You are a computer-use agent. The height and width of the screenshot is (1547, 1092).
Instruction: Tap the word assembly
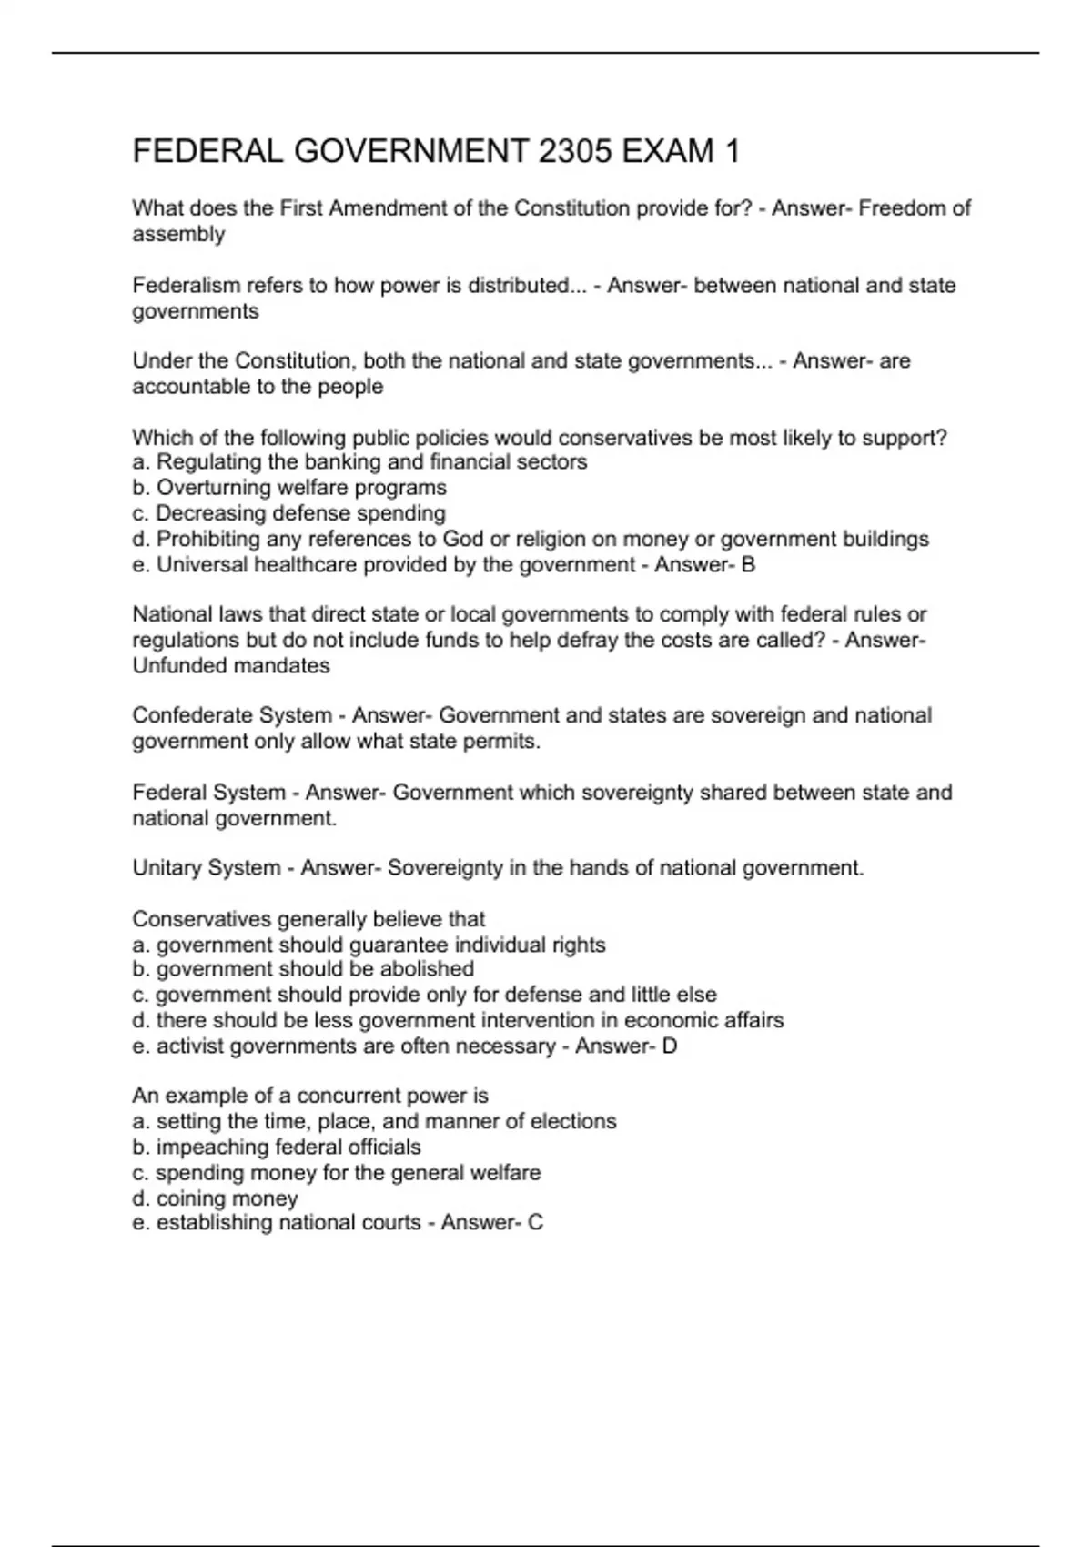pyautogui.click(x=178, y=235)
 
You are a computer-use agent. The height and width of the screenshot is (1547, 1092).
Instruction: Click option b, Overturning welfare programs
pyautogui.click(x=289, y=488)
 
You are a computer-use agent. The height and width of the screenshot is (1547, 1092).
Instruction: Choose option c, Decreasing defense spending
pyautogui.click(x=289, y=513)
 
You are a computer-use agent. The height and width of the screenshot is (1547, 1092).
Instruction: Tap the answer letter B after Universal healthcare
pyautogui.click(x=748, y=565)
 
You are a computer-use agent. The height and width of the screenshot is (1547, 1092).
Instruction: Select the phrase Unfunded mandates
pyautogui.click(x=231, y=666)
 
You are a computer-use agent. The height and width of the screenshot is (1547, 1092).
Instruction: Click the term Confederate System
pyautogui.click(x=232, y=716)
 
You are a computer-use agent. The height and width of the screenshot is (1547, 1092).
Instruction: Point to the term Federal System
pyautogui.click(x=208, y=793)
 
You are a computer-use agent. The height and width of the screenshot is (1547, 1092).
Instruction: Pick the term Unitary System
pyautogui.click(x=207, y=868)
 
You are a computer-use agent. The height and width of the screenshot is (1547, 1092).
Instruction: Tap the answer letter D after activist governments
pyautogui.click(x=670, y=1046)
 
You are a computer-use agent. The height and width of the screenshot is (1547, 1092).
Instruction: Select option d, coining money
pyautogui.click(x=216, y=1198)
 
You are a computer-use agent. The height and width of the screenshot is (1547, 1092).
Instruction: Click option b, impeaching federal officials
pyautogui.click(x=277, y=1148)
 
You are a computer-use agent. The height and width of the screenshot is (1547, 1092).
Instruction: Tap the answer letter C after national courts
pyautogui.click(x=535, y=1223)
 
